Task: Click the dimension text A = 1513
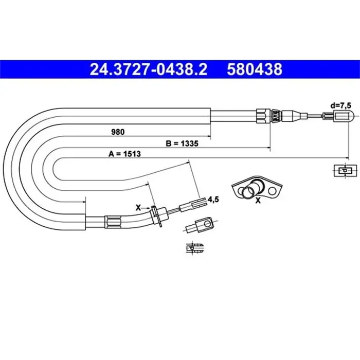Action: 125,153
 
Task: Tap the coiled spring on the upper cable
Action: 276,116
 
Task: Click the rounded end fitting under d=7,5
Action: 341,117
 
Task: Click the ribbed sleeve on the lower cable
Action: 113,222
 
